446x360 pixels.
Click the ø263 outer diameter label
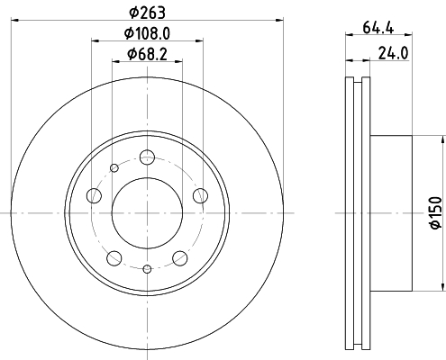(147, 13)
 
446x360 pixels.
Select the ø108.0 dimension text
(147, 33)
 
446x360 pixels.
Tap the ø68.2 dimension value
(147, 54)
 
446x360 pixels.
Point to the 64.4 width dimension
(378, 28)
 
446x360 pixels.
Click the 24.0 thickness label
(393, 53)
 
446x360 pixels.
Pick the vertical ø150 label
(436, 212)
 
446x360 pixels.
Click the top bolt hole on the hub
(147, 157)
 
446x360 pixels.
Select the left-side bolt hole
(94, 195)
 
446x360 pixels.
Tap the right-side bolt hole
(200, 195)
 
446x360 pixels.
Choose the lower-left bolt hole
(114, 258)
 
